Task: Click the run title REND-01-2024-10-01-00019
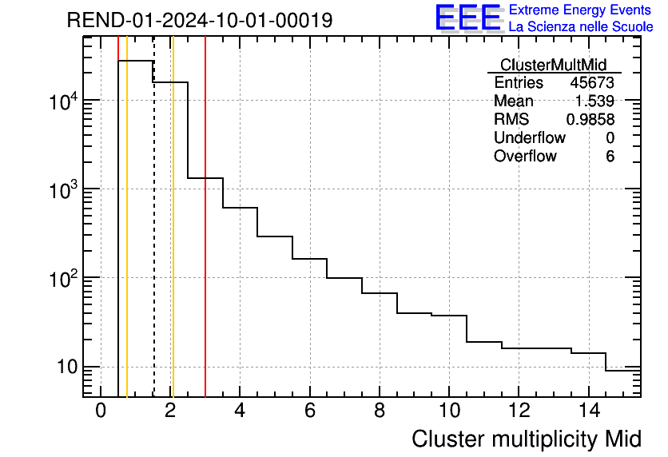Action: click(x=199, y=20)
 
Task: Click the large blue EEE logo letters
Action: click(x=468, y=18)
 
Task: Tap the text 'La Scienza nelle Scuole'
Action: click(x=581, y=26)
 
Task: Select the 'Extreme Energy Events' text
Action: click(x=581, y=10)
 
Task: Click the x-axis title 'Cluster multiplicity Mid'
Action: click(x=526, y=439)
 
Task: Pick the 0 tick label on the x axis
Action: click(x=101, y=411)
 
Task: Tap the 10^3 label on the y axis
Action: click(x=62, y=189)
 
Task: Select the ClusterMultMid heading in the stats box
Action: click(x=553, y=65)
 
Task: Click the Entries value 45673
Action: click(x=592, y=83)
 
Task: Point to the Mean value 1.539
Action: click(x=594, y=101)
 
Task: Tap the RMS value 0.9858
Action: click(x=590, y=120)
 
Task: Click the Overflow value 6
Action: click(x=610, y=157)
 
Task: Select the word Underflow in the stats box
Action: click(x=529, y=138)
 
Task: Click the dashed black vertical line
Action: click(x=153, y=240)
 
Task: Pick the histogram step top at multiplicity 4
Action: click(x=240, y=208)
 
